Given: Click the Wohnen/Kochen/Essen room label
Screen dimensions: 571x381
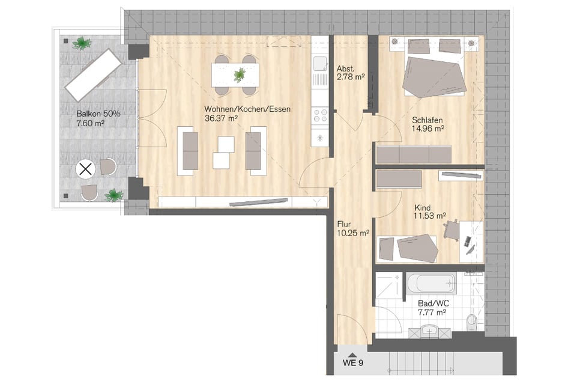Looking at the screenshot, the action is tap(247, 109).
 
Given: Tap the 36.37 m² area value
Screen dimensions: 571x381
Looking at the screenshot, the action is tap(221, 118).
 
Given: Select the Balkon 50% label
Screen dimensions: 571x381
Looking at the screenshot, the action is tap(98, 114).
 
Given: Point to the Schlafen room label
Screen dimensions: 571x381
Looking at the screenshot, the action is tap(427, 120).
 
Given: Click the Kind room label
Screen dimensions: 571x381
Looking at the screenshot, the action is tap(423, 208).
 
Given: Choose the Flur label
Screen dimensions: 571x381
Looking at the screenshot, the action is tap(344, 224).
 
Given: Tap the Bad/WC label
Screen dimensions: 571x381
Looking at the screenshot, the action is tap(434, 303).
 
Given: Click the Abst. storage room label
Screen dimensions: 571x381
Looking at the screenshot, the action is tap(346, 69).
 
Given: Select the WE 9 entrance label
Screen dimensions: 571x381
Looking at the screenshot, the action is tap(353, 363).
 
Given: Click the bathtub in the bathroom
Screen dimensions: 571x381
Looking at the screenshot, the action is tap(431, 282).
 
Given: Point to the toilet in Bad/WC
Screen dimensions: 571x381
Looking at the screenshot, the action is tap(471, 320).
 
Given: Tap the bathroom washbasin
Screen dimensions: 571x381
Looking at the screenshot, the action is tap(430, 331).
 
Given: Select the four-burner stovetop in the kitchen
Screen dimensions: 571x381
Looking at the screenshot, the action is tap(320, 115).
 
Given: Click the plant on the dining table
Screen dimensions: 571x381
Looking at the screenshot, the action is tap(239, 75).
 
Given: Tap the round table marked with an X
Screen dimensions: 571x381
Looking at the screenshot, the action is tap(86, 169).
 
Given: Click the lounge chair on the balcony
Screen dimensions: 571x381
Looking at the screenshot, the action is tap(93, 75).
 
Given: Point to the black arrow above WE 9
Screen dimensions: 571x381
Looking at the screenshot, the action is tap(352, 355).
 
